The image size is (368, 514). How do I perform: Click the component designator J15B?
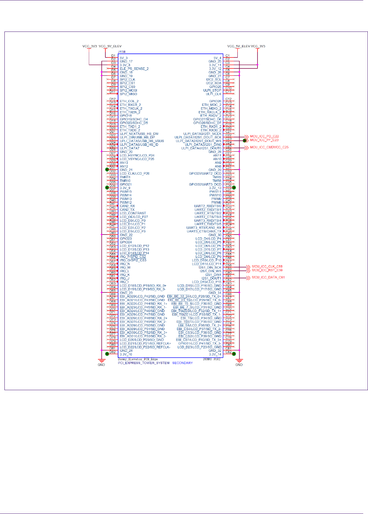(122, 52)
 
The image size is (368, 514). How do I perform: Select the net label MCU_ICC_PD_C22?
(264, 136)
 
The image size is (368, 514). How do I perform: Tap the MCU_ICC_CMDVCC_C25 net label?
(269, 147)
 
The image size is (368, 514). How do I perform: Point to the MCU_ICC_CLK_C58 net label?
(267, 267)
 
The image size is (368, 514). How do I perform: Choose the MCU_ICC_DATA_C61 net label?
(268, 277)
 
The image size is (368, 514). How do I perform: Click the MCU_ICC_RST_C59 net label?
(267, 270)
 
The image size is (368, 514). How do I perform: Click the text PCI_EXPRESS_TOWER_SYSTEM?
(143, 363)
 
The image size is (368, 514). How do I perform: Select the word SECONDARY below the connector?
(182, 363)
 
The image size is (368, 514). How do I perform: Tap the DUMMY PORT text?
(212, 359)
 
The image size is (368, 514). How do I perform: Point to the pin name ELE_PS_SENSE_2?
(134, 69)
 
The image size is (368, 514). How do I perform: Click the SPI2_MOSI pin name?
(128, 90)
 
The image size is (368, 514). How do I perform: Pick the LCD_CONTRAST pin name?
(133, 213)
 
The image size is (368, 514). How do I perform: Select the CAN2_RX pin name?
(127, 206)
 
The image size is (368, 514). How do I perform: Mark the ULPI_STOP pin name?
(212, 90)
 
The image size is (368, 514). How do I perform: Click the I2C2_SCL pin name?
(214, 79)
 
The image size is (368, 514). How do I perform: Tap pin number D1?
(113, 56)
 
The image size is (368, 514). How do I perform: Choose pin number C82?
(228, 352)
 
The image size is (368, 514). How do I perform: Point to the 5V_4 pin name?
(217, 58)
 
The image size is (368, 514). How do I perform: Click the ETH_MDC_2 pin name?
(212, 105)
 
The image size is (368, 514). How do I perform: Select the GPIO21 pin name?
(125, 184)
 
